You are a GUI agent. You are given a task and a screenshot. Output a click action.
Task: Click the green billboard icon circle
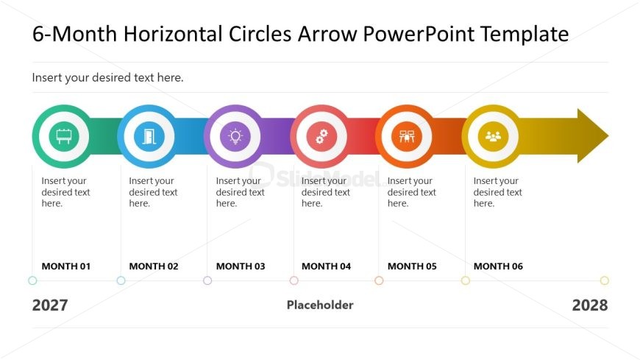click(64, 136)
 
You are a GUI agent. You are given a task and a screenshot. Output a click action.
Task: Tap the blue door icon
click(149, 136)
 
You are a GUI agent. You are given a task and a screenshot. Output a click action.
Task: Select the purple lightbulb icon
click(235, 136)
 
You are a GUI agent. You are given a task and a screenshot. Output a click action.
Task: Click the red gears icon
click(321, 136)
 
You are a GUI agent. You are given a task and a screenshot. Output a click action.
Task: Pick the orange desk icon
click(407, 136)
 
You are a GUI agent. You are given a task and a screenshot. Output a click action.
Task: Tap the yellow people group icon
click(493, 136)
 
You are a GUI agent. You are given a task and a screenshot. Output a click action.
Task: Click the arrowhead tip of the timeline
click(608, 135)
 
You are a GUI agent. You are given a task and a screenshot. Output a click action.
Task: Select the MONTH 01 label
click(66, 267)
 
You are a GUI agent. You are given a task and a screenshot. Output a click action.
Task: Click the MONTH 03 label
click(241, 267)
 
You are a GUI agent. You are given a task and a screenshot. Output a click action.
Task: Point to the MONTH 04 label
click(326, 267)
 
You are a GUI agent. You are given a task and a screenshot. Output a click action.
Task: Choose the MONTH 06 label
click(498, 267)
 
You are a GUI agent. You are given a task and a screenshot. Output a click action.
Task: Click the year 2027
click(50, 306)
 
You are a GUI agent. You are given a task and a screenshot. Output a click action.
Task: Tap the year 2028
click(590, 306)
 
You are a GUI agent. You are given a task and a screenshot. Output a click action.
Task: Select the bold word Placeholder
click(320, 305)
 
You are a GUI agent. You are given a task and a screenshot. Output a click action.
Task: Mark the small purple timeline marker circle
click(207, 280)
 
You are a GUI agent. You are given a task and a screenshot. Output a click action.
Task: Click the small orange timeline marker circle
click(379, 280)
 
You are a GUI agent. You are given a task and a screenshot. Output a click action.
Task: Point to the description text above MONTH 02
click(153, 192)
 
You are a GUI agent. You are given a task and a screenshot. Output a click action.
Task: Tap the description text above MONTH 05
click(411, 192)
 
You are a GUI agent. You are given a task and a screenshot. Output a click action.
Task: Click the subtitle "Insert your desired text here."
click(107, 77)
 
